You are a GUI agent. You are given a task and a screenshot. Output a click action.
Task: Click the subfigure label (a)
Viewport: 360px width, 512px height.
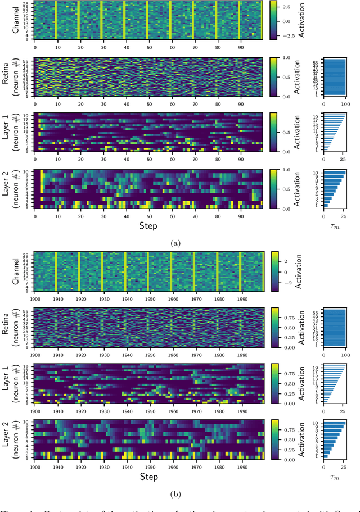pyautogui.click(x=175, y=243)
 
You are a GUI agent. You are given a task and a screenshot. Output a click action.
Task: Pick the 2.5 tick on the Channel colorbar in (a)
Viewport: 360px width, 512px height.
pyautogui.click(x=287, y=8)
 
